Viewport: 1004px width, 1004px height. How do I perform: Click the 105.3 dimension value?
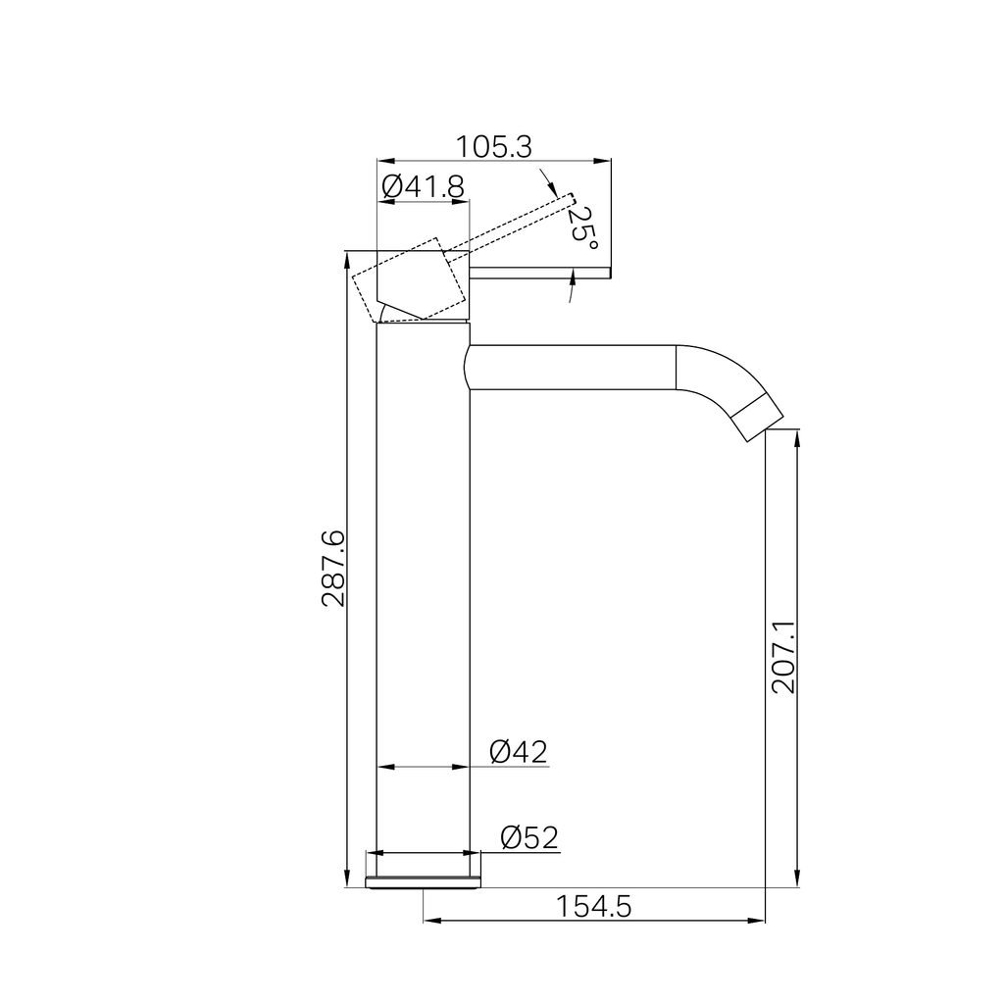tap(493, 147)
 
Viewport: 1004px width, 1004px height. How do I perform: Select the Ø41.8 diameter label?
tap(423, 187)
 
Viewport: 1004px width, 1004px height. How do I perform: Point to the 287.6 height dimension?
tap(333, 568)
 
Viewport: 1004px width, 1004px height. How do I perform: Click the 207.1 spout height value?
tap(783, 656)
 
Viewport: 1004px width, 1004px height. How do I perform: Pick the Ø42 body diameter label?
tap(519, 752)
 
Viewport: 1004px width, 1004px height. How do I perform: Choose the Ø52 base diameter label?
tap(529, 837)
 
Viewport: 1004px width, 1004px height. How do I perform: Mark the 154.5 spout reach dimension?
tap(593, 907)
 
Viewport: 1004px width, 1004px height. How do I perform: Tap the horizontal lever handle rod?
tap(540, 274)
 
